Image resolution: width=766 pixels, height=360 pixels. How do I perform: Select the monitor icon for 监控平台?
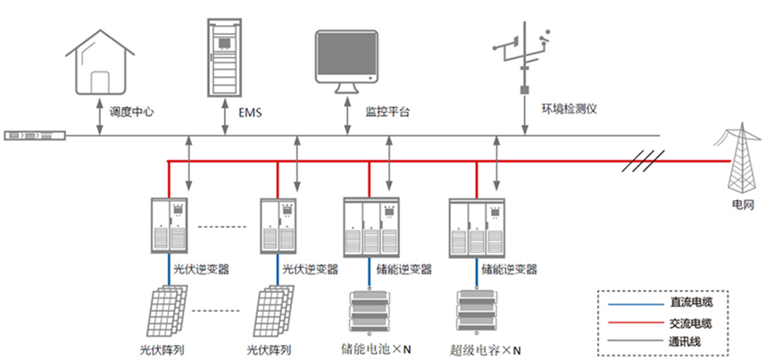(x=349, y=60)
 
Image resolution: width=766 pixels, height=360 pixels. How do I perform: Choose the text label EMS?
(x=251, y=113)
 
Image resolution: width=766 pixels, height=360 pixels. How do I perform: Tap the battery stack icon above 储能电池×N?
(x=369, y=311)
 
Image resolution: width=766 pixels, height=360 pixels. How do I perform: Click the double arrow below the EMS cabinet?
(x=222, y=116)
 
